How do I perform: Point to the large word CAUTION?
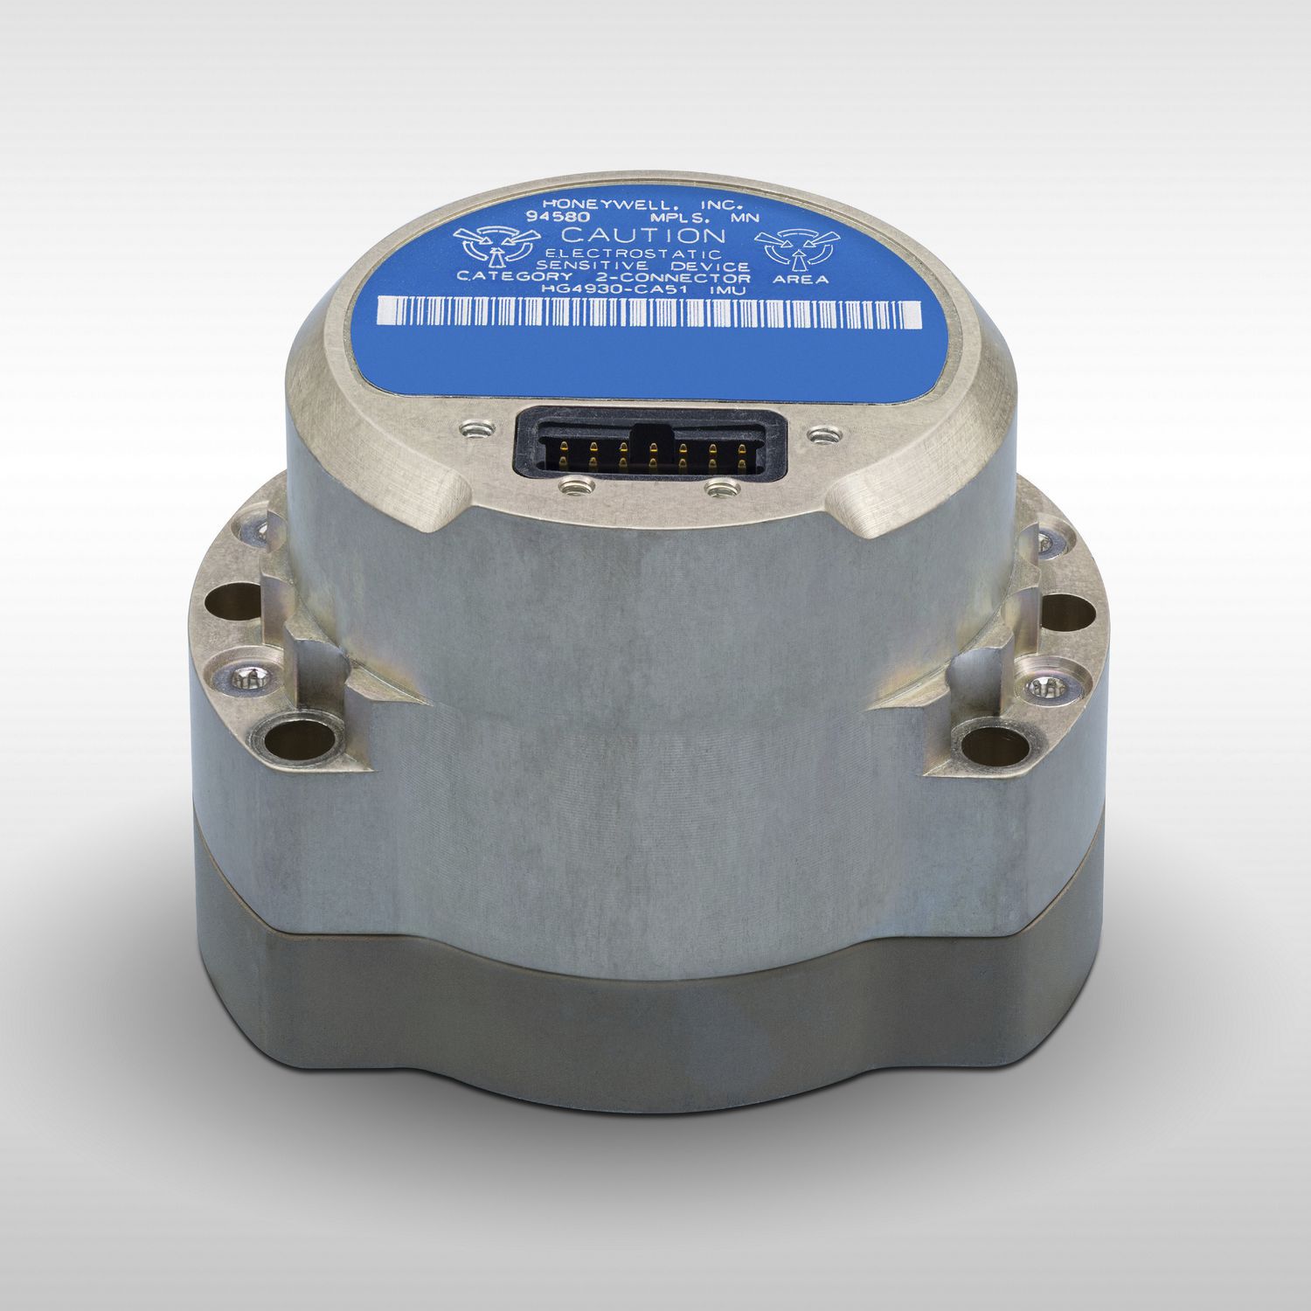642,236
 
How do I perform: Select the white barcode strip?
649,313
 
